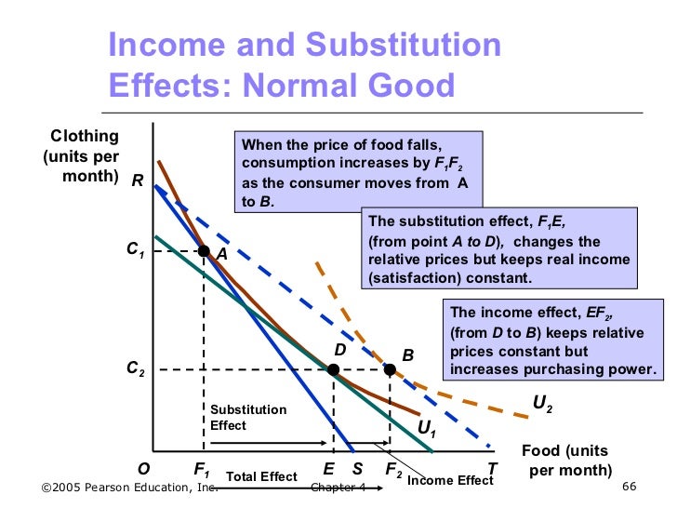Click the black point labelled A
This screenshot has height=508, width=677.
coord(204,250)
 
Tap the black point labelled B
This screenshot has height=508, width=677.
coord(390,369)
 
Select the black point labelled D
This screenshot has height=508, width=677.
coord(333,369)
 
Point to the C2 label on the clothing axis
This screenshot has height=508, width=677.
coord(136,369)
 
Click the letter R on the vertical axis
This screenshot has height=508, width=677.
coord(137,182)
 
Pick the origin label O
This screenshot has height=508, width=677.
coord(145,469)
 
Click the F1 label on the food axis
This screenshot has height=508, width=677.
coord(202,470)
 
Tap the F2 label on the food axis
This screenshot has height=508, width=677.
coord(393,470)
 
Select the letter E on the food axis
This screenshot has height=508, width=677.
coord(328,469)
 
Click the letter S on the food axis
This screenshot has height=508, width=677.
coord(357,469)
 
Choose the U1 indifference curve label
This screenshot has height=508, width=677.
coord(428,429)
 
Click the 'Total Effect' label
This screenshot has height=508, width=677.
coord(261,477)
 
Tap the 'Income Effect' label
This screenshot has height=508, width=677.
coord(450,481)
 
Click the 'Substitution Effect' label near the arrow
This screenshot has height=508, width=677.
coord(248,418)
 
